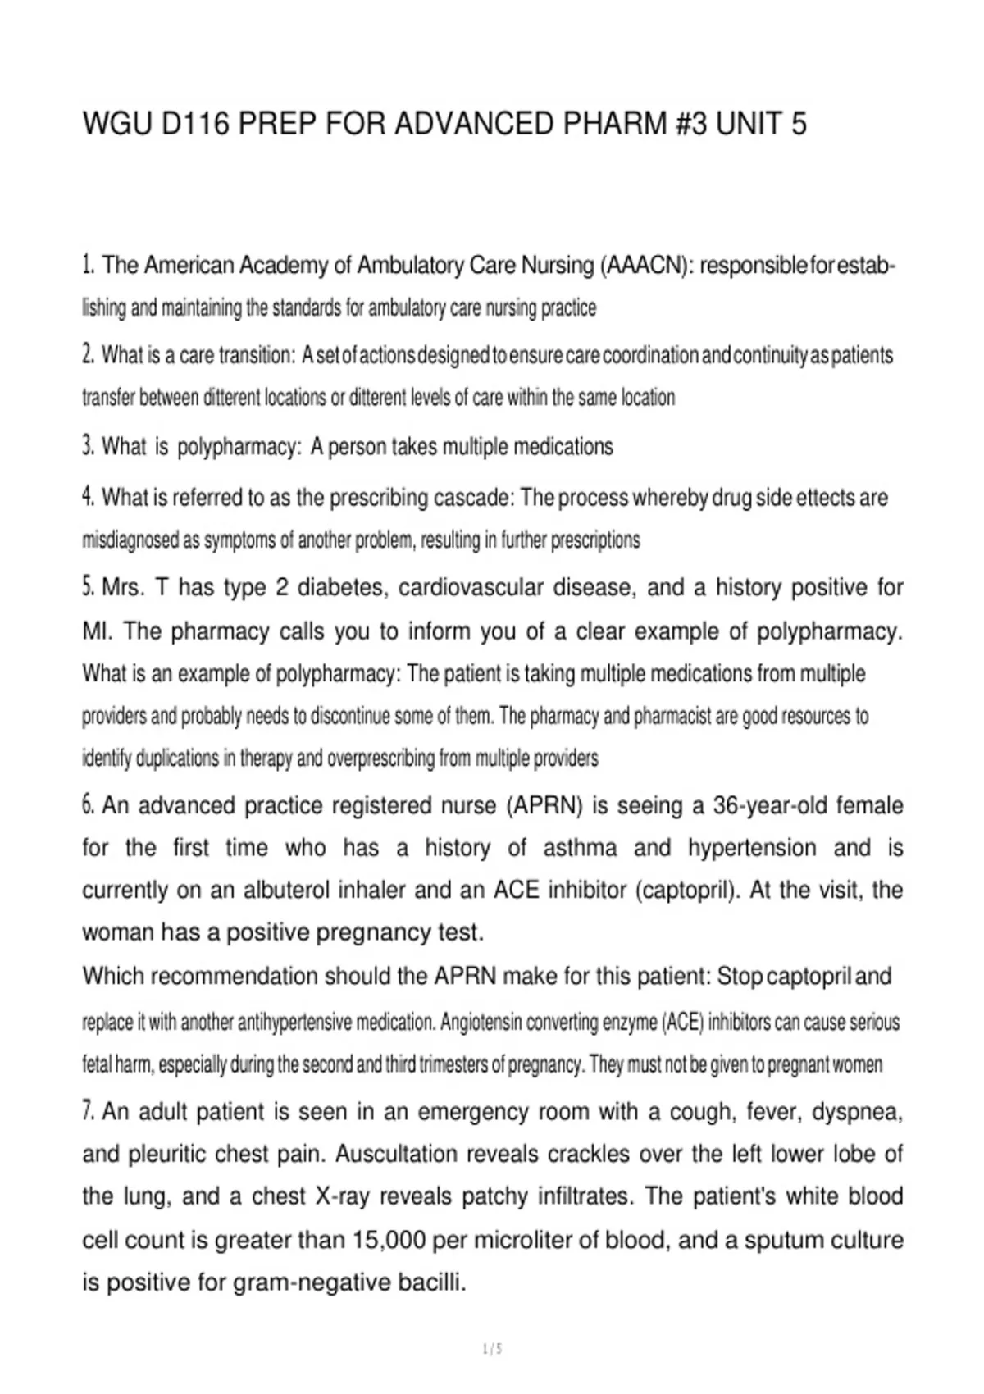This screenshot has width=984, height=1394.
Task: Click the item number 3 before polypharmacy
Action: [88, 447]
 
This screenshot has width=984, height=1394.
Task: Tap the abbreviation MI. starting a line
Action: [98, 631]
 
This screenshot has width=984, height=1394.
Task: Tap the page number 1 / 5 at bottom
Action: [492, 1349]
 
